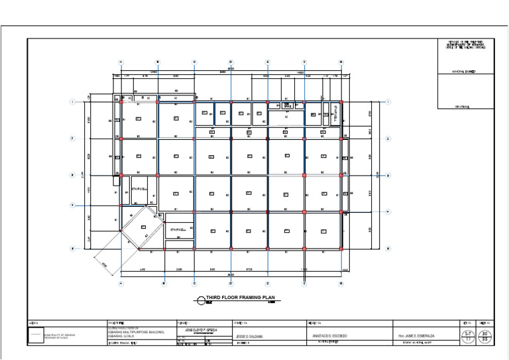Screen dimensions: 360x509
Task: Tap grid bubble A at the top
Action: (x=121, y=62)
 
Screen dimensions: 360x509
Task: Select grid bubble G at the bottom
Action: (x=341, y=284)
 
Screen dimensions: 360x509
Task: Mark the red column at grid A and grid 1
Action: (x=121, y=102)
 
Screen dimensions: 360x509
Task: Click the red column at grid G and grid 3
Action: (x=341, y=176)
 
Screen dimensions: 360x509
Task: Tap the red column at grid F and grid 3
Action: (x=304, y=176)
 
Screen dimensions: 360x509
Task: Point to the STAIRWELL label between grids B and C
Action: (x=180, y=229)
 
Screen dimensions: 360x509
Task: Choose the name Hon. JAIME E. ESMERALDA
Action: (x=416, y=336)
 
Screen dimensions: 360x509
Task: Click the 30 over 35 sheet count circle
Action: (x=486, y=335)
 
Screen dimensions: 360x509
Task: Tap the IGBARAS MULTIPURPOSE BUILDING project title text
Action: (x=136, y=331)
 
